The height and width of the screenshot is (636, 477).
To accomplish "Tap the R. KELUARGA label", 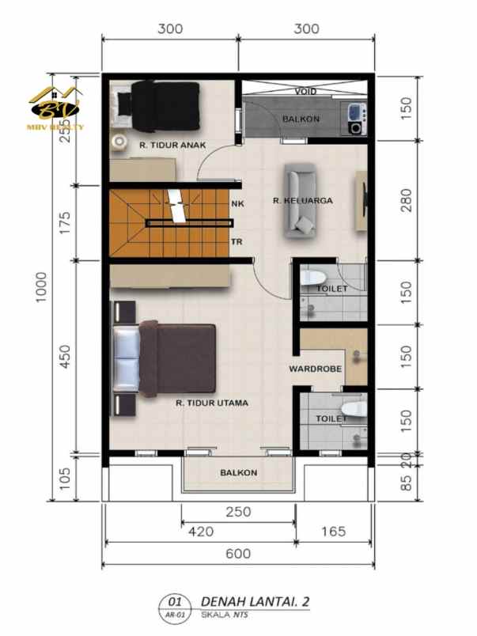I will (302, 201).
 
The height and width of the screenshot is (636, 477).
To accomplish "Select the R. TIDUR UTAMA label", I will (212, 403).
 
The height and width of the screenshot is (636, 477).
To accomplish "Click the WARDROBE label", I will (314, 369).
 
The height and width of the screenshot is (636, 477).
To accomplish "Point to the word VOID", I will (306, 92).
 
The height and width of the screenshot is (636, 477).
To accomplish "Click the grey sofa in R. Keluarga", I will (301, 201).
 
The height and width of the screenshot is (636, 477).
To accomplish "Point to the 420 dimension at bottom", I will (201, 532).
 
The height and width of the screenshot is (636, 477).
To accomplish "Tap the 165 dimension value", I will (333, 532).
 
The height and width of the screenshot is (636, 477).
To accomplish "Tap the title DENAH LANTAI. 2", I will (255, 601).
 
